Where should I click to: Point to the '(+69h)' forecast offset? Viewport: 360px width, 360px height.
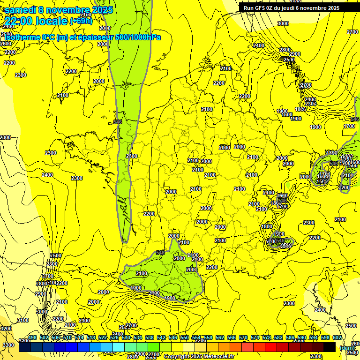pyautogui.click(x=82, y=21)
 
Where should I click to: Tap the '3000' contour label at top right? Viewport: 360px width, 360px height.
pyautogui.click(x=283, y=23)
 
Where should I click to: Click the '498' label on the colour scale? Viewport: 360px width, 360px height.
pyautogui.click(x=32, y=338)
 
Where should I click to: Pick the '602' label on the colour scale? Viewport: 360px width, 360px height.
pyautogui.click(x=337, y=338)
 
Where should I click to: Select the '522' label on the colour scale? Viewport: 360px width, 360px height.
pyautogui.click(x=103, y=338)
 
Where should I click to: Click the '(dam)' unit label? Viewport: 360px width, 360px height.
pyautogui.click(x=347, y=347)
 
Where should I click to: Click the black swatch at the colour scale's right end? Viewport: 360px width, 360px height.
pyautogui.click(x=330, y=347)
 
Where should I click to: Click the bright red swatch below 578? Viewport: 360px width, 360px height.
pyautogui.click(x=271, y=347)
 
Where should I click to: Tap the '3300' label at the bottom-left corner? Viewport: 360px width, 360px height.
pyautogui.click(x=8, y=345)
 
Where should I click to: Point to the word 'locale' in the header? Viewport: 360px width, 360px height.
pyautogui.click(x=52, y=21)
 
